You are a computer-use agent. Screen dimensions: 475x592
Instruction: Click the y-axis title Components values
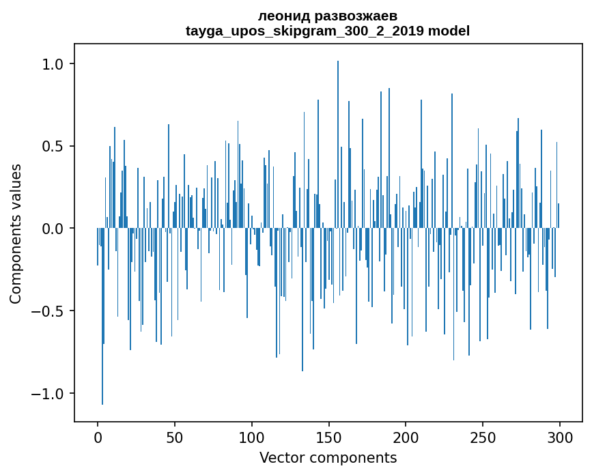[16, 233]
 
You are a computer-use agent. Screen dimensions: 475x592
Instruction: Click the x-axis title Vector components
[328, 458]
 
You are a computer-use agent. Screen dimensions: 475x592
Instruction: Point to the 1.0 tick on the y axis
[53, 64]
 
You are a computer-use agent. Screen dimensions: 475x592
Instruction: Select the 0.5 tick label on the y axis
[53, 147]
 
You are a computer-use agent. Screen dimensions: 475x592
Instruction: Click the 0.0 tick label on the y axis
[53, 229]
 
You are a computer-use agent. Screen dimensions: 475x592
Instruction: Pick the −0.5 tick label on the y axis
[48, 311]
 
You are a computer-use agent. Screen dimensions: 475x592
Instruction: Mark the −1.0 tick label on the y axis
[48, 394]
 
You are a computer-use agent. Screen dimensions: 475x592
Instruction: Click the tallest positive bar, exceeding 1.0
[338, 136]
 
